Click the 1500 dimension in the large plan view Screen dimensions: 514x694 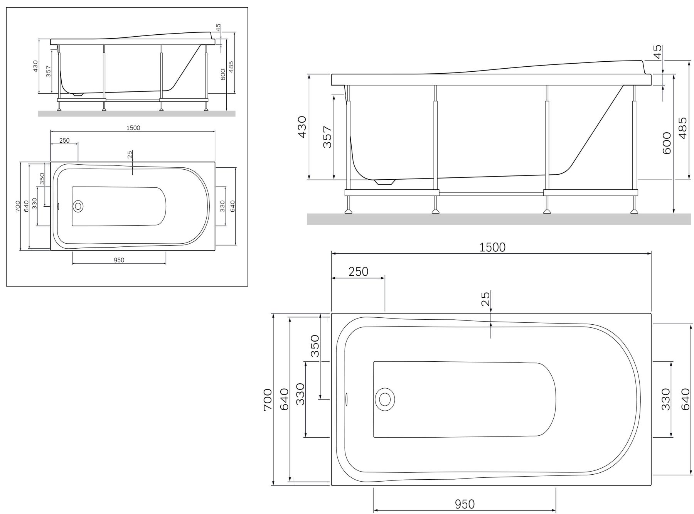492,247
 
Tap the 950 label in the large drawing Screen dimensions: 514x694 465,504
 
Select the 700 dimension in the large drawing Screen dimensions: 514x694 268,399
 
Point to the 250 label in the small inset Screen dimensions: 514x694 64,140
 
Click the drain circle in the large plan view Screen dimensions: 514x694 384,399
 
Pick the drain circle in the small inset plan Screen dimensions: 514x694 78,206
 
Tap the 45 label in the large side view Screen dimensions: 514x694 658,51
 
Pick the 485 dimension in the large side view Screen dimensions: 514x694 683,128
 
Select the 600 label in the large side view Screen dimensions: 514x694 667,143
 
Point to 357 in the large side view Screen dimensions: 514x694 327,137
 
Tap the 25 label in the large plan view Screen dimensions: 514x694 485,299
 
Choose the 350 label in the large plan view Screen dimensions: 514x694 315,345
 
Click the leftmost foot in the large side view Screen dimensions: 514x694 349,211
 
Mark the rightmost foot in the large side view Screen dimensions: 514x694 633,211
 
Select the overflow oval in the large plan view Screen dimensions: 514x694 346,399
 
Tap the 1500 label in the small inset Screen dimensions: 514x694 133,128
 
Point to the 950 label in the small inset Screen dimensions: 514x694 119,260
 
